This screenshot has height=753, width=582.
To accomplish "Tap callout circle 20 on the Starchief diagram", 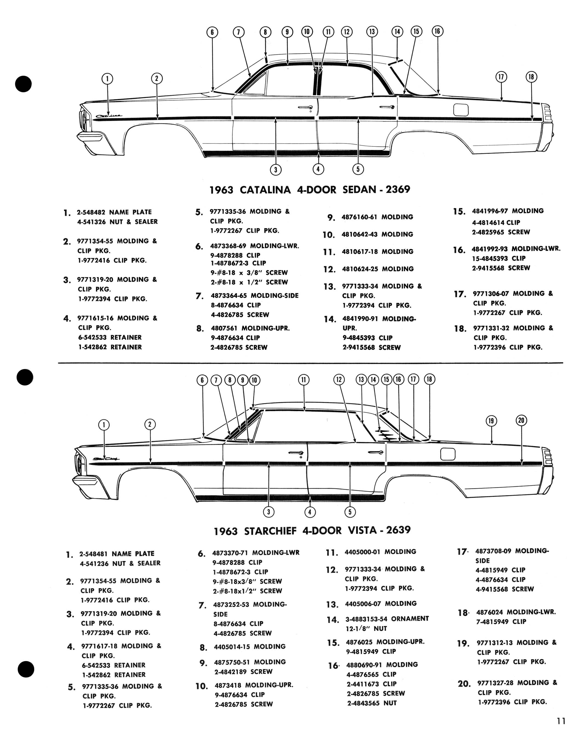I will click(521, 420).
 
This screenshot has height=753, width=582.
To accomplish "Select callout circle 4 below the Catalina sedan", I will click(318, 169).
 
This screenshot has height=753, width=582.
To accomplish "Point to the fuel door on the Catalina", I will click(461, 110).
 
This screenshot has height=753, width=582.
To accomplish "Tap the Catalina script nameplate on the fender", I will click(109, 116).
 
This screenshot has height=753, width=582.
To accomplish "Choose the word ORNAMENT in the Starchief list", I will click(410, 619).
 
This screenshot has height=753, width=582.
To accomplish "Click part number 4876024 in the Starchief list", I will click(490, 612).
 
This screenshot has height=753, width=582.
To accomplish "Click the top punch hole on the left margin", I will click(24, 84).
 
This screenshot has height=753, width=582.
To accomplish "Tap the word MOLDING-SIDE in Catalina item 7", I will click(274, 295).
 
